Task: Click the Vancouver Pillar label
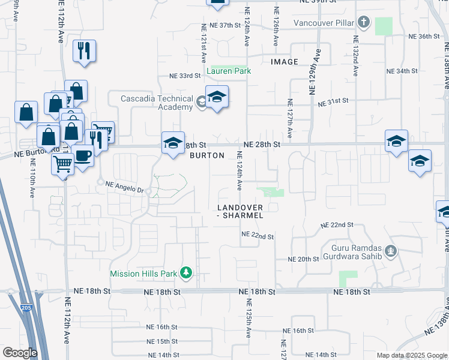(324, 23)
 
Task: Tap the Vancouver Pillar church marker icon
(363, 23)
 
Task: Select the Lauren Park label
(228, 71)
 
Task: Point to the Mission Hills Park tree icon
(186, 274)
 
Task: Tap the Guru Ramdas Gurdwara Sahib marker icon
(391, 250)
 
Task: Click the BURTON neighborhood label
(207, 155)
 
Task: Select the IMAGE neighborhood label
(284, 62)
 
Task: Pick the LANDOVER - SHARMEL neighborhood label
(240, 211)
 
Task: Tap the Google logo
(20, 353)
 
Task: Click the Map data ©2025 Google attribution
(411, 355)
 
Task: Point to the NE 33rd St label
(184, 76)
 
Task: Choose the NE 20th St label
(303, 259)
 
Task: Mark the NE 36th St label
(425, 37)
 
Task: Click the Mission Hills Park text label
(143, 274)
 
